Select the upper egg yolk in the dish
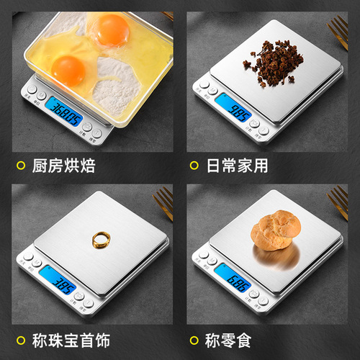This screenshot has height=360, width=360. click(x=112, y=29)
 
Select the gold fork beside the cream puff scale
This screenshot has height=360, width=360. click(x=338, y=203)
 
